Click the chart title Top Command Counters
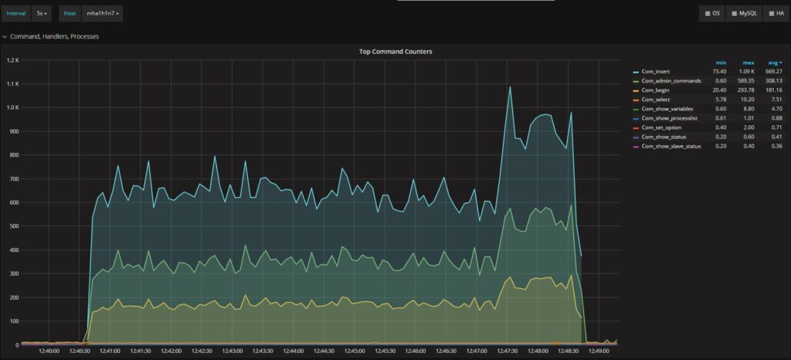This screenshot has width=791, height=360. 395,52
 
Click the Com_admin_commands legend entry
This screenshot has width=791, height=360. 670,81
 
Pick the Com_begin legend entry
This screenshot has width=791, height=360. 660,90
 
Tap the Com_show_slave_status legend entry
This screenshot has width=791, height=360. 671,146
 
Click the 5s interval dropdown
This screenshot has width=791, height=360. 42,13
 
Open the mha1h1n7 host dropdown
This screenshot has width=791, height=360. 103,13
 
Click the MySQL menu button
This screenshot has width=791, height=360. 745,13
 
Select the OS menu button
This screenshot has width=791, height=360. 712,13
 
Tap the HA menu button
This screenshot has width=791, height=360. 775,13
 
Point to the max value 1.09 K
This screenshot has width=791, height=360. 748,72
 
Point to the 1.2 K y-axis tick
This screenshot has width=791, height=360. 12,59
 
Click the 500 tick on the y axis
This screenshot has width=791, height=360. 13,226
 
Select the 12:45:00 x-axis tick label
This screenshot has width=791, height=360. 354,351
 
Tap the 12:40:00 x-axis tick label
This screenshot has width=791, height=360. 49,351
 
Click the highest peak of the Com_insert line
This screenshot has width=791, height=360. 510,87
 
